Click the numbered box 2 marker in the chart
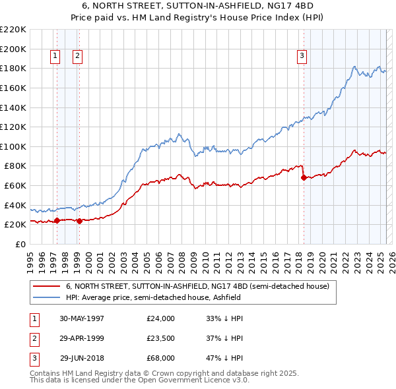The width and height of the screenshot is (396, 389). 77,56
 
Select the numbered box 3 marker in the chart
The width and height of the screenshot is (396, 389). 302,56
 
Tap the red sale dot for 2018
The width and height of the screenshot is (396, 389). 304,177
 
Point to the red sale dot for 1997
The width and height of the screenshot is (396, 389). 57,220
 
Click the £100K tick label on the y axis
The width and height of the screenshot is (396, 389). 13,146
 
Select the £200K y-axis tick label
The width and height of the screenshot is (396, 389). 13,49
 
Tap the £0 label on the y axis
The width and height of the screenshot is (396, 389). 20,244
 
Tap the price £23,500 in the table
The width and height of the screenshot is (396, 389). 161,338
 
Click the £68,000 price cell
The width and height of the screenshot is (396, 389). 161,358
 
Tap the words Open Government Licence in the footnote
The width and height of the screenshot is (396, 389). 192,380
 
